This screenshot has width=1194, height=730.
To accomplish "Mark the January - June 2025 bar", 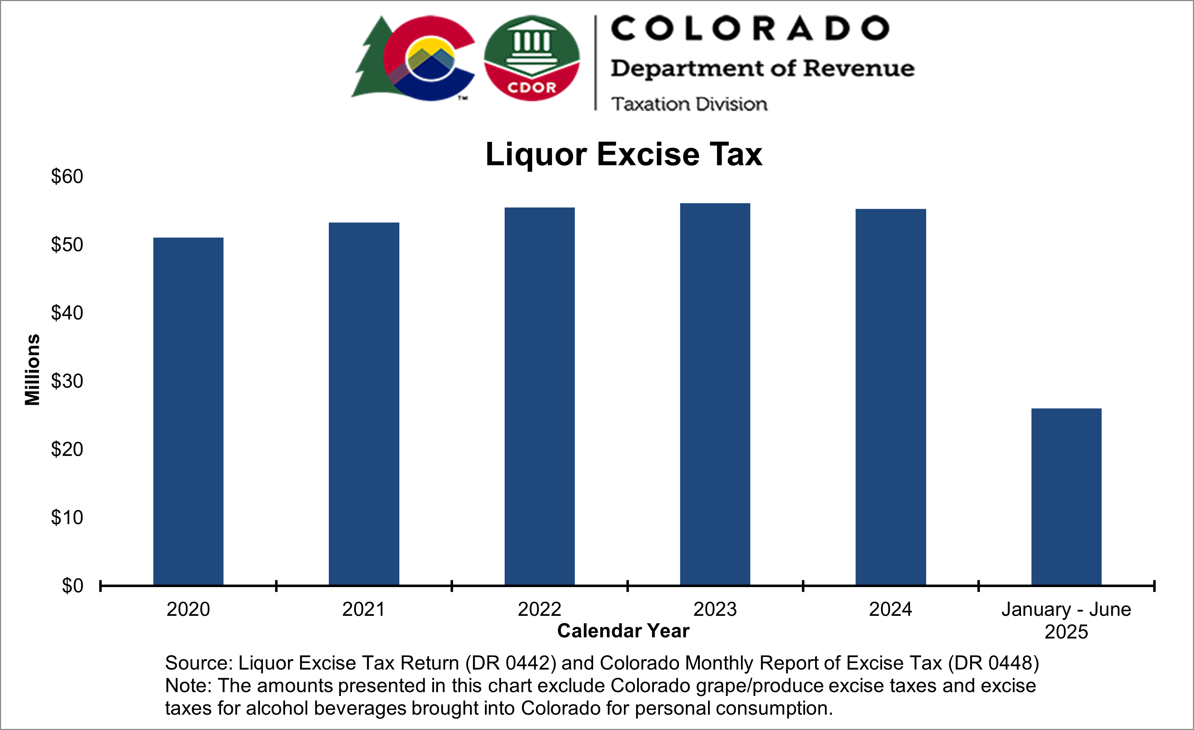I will pyautogui.click(x=1066, y=497).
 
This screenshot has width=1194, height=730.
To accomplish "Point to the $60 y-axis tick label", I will pyautogui.click(x=67, y=177).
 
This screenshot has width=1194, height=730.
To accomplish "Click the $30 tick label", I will pyautogui.click(x=67, y=381).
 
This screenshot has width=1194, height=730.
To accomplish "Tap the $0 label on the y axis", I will pyautogui.click(x=72, y=586).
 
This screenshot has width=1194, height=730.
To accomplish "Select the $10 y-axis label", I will pyautogui.click(x=67, y=518).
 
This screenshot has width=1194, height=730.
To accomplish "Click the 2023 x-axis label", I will pyautogui.click(x=715, y=609).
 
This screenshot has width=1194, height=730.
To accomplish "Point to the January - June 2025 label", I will pyautogui.click(x=1066, y=620).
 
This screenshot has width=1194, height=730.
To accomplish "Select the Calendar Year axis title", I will pyautogui.click(x=623, y=631).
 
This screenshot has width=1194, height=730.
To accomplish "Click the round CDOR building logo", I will pyautogui.click(x=531, y=58).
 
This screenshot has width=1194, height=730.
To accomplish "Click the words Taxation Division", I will pyautogui.click(x=689, y=104).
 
